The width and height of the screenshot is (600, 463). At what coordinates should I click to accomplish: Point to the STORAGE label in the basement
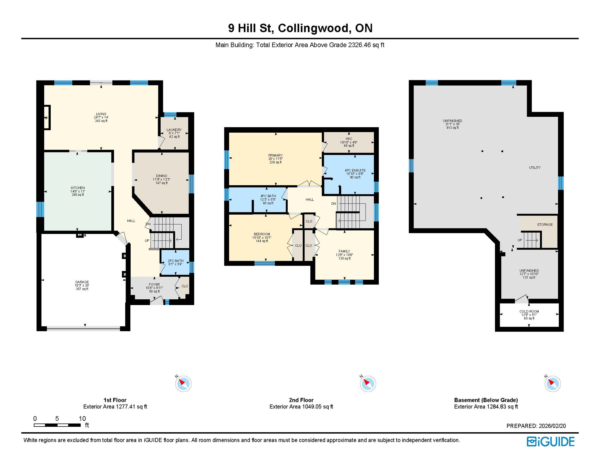pyautogui.click(x=545, y=225)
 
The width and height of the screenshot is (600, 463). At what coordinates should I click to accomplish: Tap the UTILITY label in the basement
pyautogui.click(x=535, y=168)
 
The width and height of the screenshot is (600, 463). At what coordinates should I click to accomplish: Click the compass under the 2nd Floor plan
pyautogui.click(x=368, y=384)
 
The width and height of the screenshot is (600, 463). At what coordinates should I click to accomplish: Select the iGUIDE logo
pyautogui.click(x=551, y=442)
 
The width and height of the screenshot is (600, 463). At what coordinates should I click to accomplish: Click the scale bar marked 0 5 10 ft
pyautogui.click(x=57, y=425)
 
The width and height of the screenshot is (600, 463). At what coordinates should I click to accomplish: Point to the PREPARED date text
pyautogui.click(x=536, y=426)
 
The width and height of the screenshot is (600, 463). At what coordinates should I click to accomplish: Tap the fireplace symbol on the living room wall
pyautogui.click(x=47, y=118)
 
